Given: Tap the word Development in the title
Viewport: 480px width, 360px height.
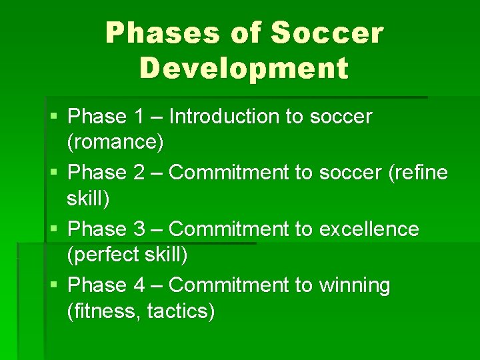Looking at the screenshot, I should click(244, 68).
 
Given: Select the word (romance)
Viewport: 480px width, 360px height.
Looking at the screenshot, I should click(115, 142).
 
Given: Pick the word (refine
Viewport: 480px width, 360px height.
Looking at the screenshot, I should click(417, 173).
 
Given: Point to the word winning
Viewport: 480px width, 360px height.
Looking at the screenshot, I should click(355, 285).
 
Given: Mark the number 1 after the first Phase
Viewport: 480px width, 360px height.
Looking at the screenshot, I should click(139, 117).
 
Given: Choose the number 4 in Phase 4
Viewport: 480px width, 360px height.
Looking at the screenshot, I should click(139, 285).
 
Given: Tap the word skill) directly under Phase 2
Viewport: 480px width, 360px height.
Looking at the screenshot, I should click(89, 198).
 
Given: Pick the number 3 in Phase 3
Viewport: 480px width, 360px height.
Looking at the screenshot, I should click(139, 229).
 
